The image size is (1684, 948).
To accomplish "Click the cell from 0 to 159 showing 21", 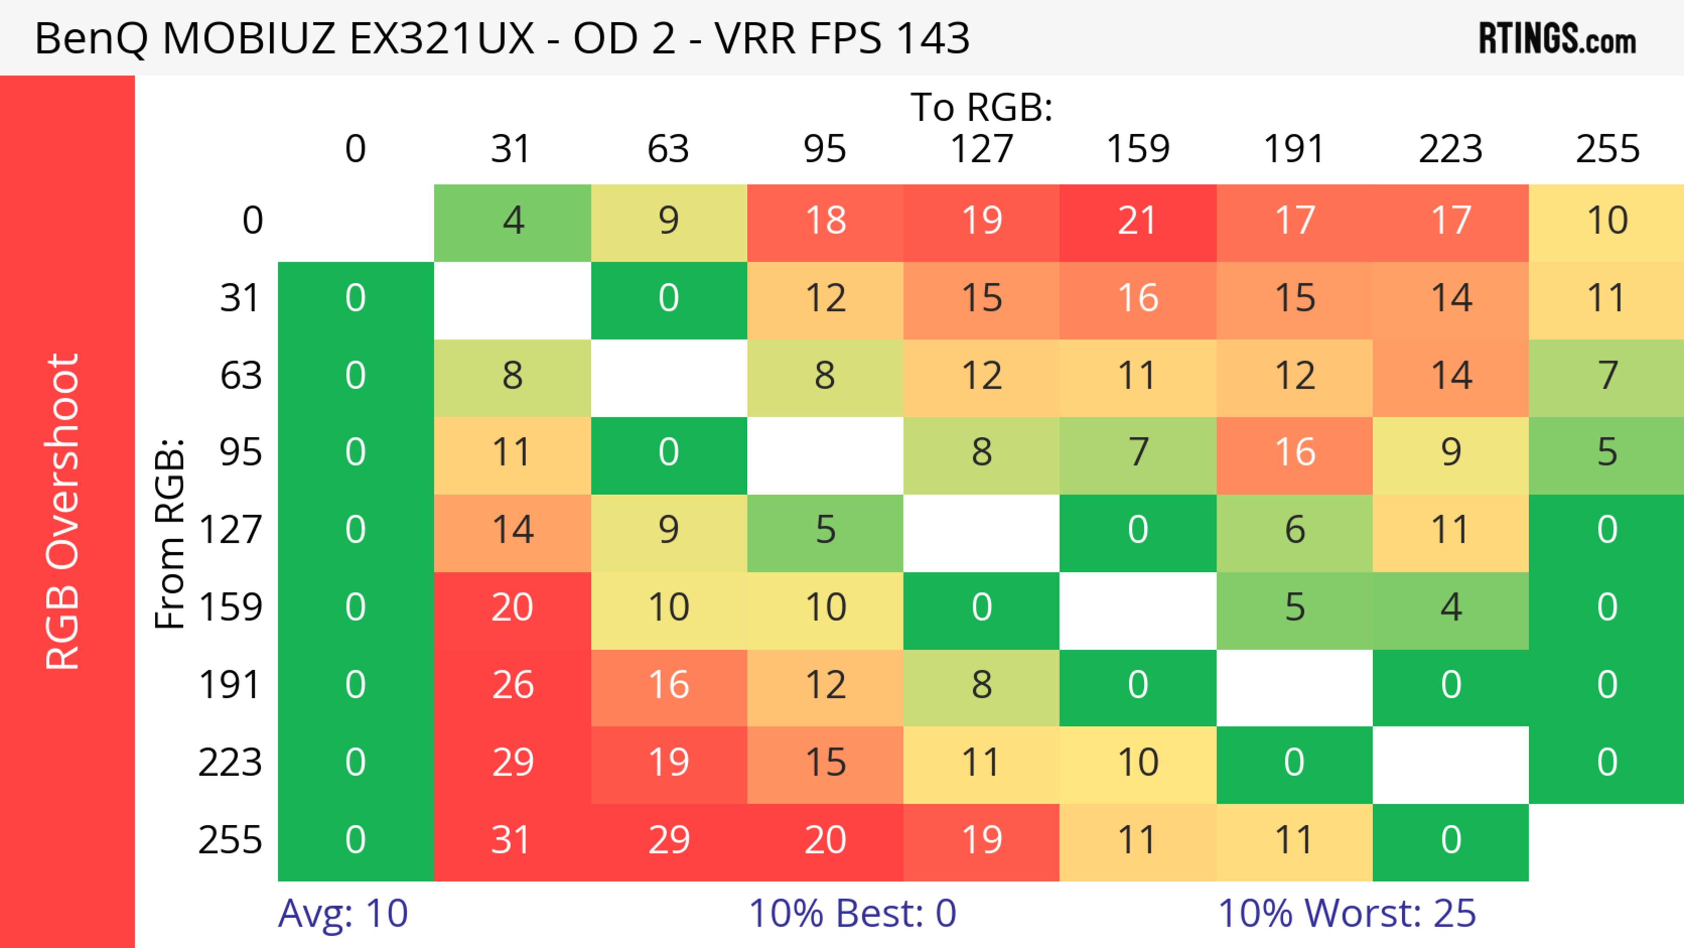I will point(1138,221).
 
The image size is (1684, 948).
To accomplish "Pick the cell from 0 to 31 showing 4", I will point(512,221).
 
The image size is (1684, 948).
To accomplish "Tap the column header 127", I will point(981,149).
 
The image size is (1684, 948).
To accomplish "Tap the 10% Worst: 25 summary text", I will point(1347,913).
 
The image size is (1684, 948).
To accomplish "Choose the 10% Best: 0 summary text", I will point(852,913).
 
